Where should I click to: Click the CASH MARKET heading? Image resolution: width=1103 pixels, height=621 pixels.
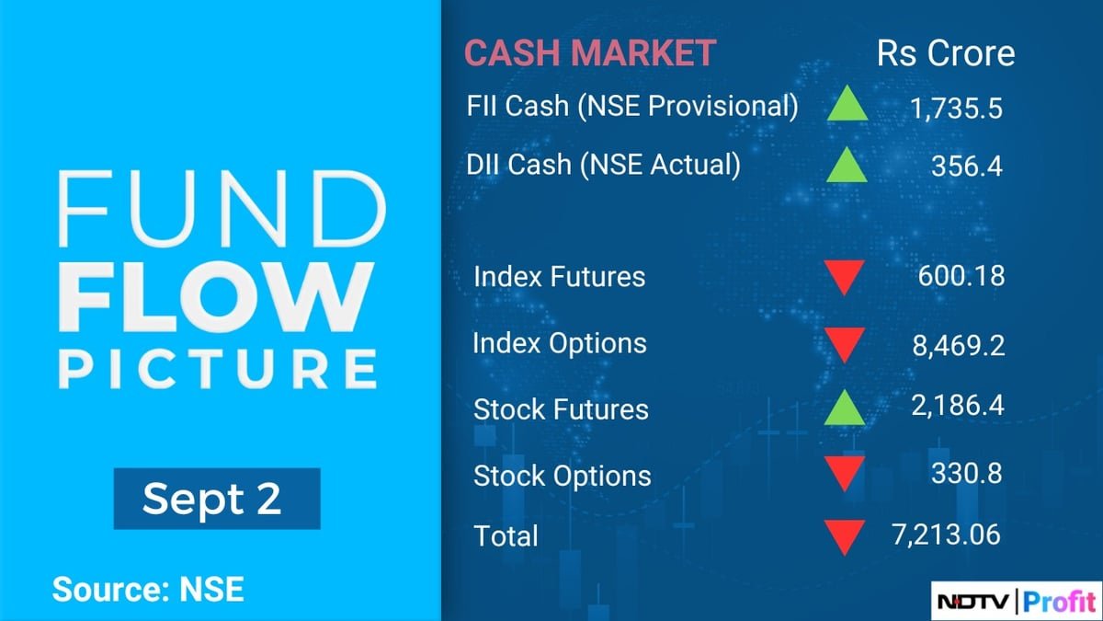(589, 52)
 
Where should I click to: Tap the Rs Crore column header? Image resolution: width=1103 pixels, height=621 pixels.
(946, 52)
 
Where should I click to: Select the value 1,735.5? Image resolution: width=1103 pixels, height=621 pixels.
(955, 109)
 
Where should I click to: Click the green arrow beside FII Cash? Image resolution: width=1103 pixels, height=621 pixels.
(846, 107)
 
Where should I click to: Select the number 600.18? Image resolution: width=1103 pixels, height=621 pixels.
(961, 276)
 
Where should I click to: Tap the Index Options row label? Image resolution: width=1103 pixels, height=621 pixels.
(559, 343)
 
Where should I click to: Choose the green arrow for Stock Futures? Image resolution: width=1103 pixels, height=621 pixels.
(844, 408)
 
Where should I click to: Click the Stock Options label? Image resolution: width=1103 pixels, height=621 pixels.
(562, 476)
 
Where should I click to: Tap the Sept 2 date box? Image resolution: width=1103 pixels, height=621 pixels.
(216, 499)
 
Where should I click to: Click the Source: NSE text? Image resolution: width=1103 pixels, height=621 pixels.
(147, 589)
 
